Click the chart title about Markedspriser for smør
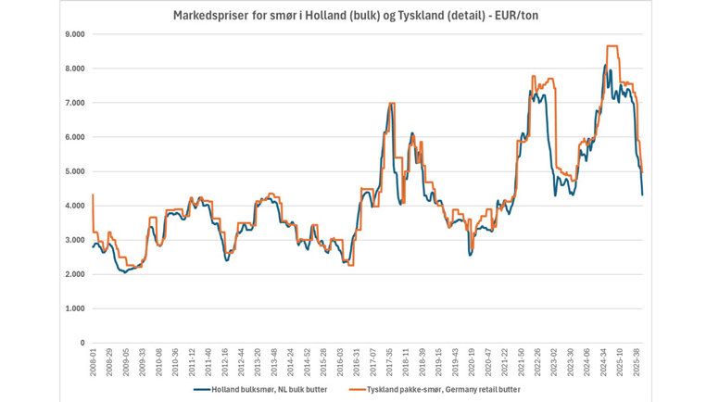click(359, 16)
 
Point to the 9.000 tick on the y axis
click(74, 34)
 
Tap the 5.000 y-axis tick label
click(74, 171)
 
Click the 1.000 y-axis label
click(74, 308)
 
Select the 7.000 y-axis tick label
click(74, 103)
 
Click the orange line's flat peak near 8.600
click(612, 46)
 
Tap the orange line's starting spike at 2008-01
click(94, 195)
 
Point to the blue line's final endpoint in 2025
click(643, 195)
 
